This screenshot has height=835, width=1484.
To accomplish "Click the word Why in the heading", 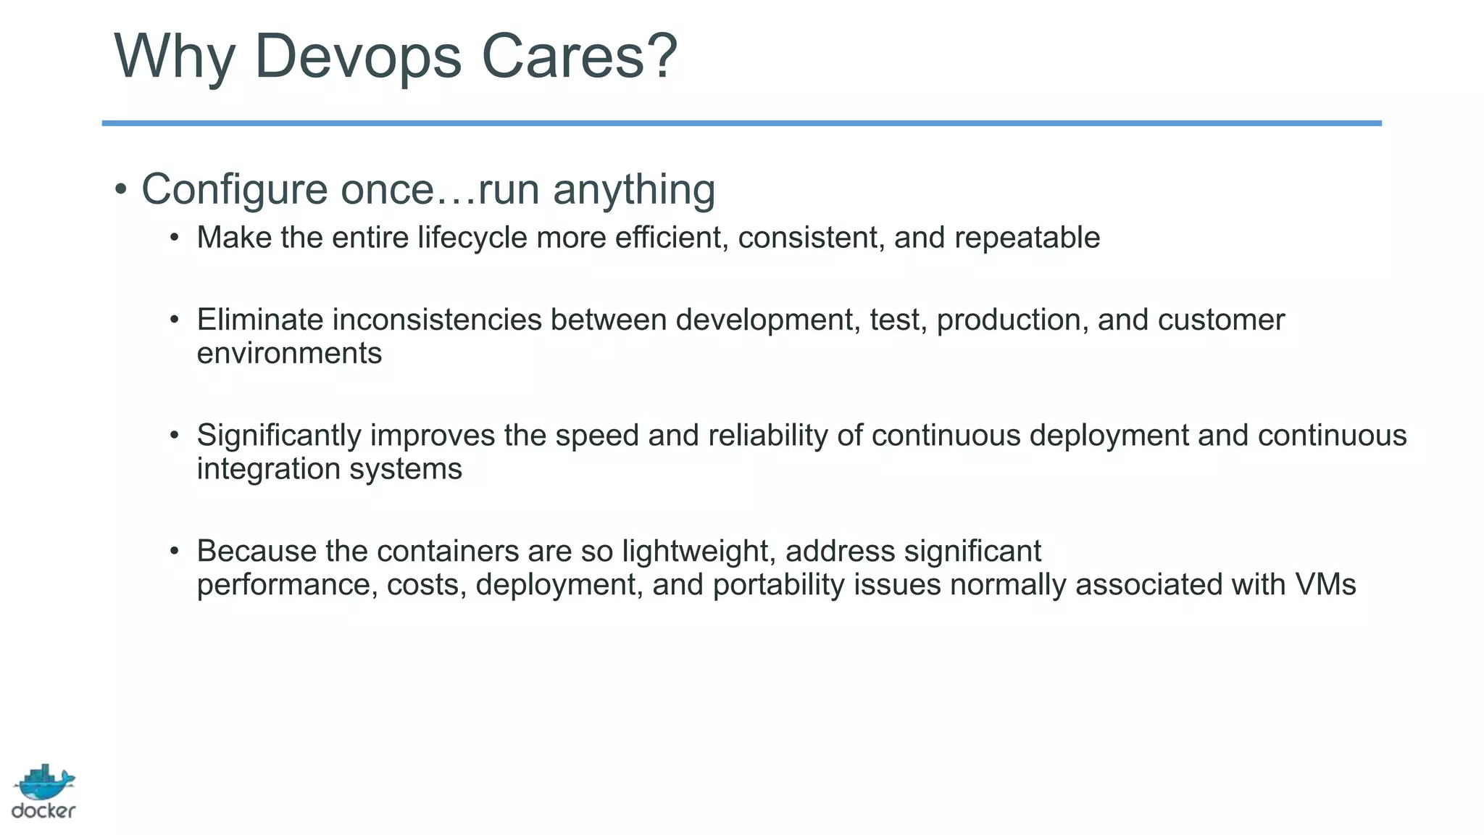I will (x=175, y=57).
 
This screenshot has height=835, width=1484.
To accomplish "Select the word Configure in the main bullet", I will (x=235, y=190).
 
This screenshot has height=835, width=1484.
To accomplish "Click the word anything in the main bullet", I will (x=634, y=190).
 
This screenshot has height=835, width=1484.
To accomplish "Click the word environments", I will (x=289, y=354).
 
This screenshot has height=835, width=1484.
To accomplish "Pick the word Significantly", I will (x=279, y=436).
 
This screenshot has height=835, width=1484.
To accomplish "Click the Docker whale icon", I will (x=44, y=783).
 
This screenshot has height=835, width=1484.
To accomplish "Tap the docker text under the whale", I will (x=43, y=811).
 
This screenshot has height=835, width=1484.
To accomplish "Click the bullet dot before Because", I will (x=174, y=552).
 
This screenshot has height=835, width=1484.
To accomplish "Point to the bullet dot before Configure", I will (x=121, y=190).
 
